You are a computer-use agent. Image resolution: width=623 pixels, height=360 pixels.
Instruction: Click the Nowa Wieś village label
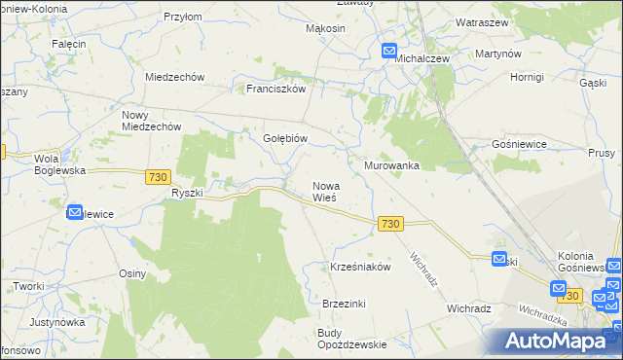coord(324,191)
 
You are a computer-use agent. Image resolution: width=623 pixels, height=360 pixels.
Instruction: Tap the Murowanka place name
coord(391,165)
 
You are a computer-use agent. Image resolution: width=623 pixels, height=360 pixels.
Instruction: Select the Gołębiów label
coord(285,138)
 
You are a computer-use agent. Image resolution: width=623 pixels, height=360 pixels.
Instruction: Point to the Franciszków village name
coord(275,88)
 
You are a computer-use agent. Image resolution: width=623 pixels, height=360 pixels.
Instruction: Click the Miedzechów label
coord(173,77)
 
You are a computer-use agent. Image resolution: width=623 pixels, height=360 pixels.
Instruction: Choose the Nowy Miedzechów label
coord(151,121)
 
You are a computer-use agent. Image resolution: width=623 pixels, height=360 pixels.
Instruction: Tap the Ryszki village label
coord(186,193)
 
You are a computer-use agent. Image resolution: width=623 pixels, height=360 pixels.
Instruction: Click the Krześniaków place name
coord(360,267)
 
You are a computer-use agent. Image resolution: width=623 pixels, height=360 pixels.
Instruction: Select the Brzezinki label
coord(344,304)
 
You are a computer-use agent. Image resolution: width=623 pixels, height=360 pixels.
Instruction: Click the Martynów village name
coord(497,54)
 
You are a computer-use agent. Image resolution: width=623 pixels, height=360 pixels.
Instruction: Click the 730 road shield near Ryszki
coord(159,177)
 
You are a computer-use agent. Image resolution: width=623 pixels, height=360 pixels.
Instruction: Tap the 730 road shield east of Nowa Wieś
coord(389,224)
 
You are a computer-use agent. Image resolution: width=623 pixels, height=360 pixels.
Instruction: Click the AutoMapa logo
coord(558,342)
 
